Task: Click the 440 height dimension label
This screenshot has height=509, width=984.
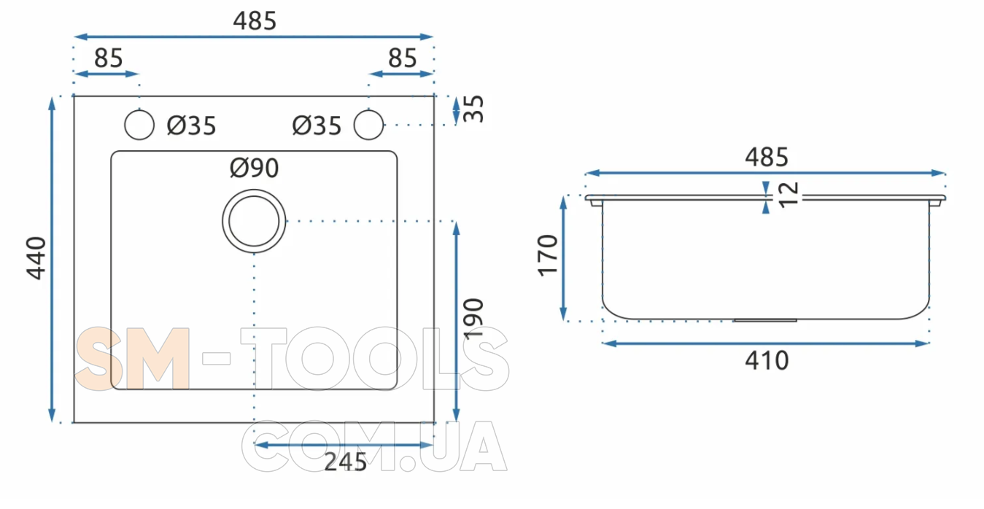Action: (x=36, y=258)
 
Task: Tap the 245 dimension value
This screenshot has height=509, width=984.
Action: (x=345, y=462)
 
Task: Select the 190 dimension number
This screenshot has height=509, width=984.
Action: (x=473, y=319)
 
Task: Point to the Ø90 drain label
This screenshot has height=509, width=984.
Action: (x=254, y=168)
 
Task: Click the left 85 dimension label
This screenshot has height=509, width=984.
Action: (x=109, y=58)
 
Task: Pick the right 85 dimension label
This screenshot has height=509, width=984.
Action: (x=403, y=58)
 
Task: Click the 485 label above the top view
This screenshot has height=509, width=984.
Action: (x=255, y=20)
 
